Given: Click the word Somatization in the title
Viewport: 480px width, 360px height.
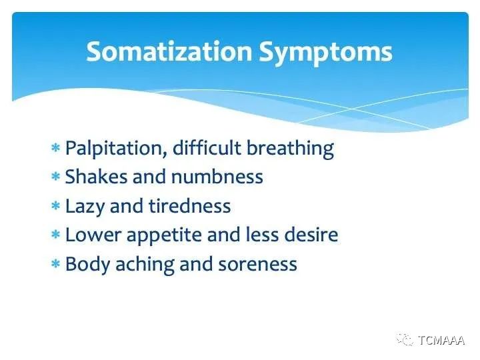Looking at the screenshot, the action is (x=169, y=51).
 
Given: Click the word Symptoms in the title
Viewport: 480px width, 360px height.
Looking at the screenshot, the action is (x=325, y=53).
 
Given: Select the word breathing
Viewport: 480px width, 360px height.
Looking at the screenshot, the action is (x=290, y=149).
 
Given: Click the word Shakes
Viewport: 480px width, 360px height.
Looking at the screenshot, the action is (x=96, y=177).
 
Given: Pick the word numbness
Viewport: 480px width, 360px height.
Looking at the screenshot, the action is (x=217, y=177).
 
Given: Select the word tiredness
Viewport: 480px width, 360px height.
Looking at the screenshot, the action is (x=190, y=206).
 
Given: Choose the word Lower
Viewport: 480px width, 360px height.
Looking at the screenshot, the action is (x=93, y=235).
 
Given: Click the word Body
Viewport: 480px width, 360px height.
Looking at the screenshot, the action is (x=87, y=265).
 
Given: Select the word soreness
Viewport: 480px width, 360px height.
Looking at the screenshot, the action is (x=257, y=264).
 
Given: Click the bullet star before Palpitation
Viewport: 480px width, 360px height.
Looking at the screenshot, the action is (x=55, y=148).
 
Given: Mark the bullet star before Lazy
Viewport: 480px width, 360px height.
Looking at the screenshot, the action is (x=55, y=205).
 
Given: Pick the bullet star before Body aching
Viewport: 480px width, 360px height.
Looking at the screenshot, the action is (x=55, y=263).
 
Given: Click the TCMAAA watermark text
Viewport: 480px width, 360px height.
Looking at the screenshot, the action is (x=441, y=340).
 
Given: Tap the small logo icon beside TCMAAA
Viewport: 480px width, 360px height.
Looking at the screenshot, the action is (x=405, y=339).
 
